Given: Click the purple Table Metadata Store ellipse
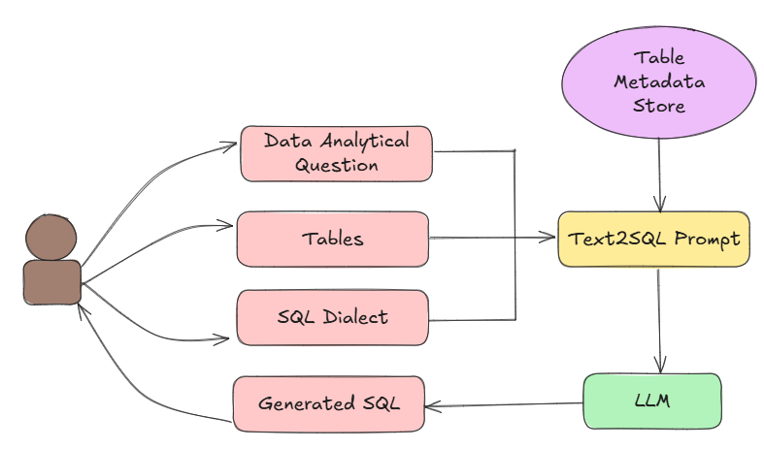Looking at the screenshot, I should [658, 80].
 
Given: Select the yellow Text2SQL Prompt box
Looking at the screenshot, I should [653, 239].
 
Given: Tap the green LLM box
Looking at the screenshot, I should [652, 401].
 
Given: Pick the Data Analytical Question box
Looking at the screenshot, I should [336, 152].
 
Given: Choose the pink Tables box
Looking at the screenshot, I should [332, 239].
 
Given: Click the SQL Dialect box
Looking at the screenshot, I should [332, 317].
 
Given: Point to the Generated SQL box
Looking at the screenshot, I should [328, 403].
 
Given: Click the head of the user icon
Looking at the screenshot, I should [51, 238].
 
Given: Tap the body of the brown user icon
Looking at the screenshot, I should [51, 282].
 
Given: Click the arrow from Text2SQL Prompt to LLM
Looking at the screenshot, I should [660, 320].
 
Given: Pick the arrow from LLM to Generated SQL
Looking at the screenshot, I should [505, 403].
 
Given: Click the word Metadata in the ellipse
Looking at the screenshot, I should [659, 81].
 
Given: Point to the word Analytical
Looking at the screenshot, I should [364, 141].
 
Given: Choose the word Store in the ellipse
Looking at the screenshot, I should [659, 105].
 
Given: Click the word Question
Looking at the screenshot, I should [336, 165].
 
